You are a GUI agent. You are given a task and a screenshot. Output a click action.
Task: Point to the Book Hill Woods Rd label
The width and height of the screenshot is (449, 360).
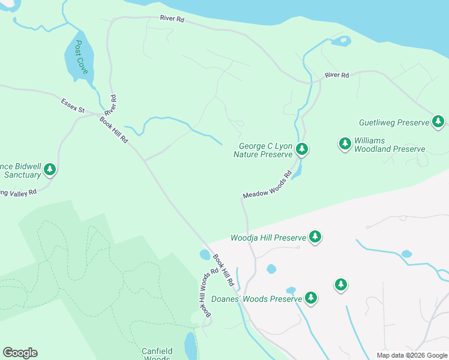204,295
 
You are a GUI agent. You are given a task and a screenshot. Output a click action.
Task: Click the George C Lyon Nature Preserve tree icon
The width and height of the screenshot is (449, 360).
302,149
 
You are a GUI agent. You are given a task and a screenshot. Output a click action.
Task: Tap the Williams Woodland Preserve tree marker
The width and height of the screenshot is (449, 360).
345,143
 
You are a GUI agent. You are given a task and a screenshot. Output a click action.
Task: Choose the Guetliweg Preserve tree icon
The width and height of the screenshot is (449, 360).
438,122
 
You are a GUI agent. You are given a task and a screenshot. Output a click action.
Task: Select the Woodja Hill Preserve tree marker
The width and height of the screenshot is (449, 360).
315,237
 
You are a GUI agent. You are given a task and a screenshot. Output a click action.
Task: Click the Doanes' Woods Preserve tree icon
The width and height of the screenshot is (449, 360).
310,297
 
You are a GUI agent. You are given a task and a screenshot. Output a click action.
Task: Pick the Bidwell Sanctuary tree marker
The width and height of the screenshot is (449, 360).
50,170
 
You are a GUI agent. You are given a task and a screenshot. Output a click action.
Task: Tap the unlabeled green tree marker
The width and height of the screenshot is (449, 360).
341,284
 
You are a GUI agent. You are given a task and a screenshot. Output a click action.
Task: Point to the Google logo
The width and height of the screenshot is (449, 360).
20,353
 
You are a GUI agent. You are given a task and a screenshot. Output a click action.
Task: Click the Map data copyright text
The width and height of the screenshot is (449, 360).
412,355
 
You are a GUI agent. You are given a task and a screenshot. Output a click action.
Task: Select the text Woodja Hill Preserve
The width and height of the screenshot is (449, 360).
268,238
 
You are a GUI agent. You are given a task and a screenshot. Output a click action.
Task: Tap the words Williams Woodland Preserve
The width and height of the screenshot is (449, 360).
389,145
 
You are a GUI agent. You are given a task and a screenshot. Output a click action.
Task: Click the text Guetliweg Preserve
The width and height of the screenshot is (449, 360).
394,122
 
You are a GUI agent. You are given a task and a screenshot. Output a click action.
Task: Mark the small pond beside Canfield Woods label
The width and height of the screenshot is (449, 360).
190,345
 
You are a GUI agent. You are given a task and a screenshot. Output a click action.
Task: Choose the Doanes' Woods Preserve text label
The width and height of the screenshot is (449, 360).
256,299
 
